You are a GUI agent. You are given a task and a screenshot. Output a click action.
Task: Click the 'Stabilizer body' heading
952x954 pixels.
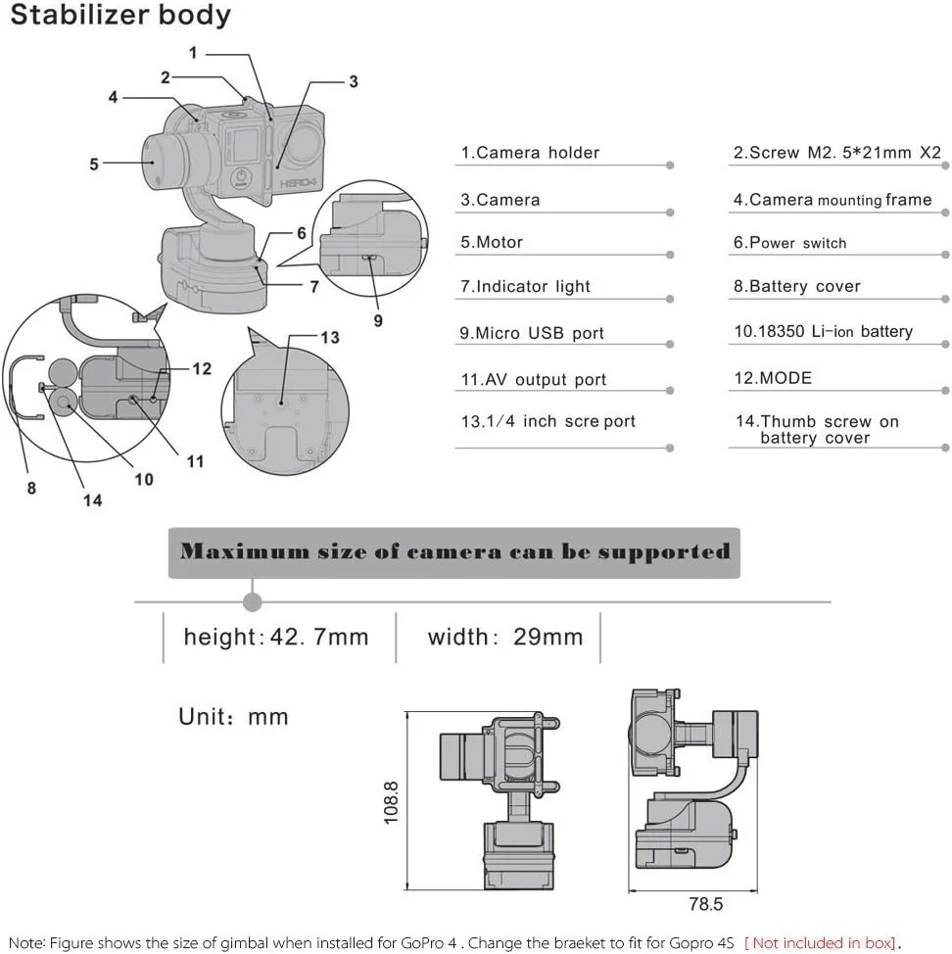(120, 17)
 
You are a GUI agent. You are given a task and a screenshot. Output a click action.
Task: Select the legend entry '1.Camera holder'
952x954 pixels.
(530, 153)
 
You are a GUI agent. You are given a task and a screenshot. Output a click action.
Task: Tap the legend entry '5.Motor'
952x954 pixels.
(492, 243)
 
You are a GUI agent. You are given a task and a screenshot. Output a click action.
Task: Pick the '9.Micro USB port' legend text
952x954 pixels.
(532, 333)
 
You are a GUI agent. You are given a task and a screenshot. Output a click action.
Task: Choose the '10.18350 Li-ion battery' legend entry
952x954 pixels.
(823, 332)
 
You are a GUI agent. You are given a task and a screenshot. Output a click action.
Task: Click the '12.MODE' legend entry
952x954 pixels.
(773, 378)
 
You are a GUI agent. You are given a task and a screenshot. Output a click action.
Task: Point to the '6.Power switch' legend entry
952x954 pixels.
(789, 243)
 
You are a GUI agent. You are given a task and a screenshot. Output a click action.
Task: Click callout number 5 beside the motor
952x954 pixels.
(94, 165)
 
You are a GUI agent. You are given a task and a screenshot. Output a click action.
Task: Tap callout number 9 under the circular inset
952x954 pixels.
(378, 319)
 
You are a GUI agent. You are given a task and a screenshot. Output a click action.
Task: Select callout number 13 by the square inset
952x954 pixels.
(330, 338)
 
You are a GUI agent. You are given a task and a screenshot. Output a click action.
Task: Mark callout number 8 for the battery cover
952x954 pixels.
(31, 487)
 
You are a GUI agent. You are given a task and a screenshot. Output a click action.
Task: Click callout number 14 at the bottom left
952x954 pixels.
(92, 501)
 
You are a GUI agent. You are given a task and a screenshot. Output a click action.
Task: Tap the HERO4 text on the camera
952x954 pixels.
(292, 192)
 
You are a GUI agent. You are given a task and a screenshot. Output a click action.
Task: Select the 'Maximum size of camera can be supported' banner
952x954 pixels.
(454, 551)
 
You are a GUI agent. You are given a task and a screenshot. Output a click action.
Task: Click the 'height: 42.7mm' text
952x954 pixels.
(276, 638)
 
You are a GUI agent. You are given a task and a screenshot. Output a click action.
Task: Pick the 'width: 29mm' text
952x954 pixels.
(504, 638)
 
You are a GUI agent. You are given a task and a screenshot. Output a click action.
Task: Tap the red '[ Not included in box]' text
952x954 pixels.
(821, 942)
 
